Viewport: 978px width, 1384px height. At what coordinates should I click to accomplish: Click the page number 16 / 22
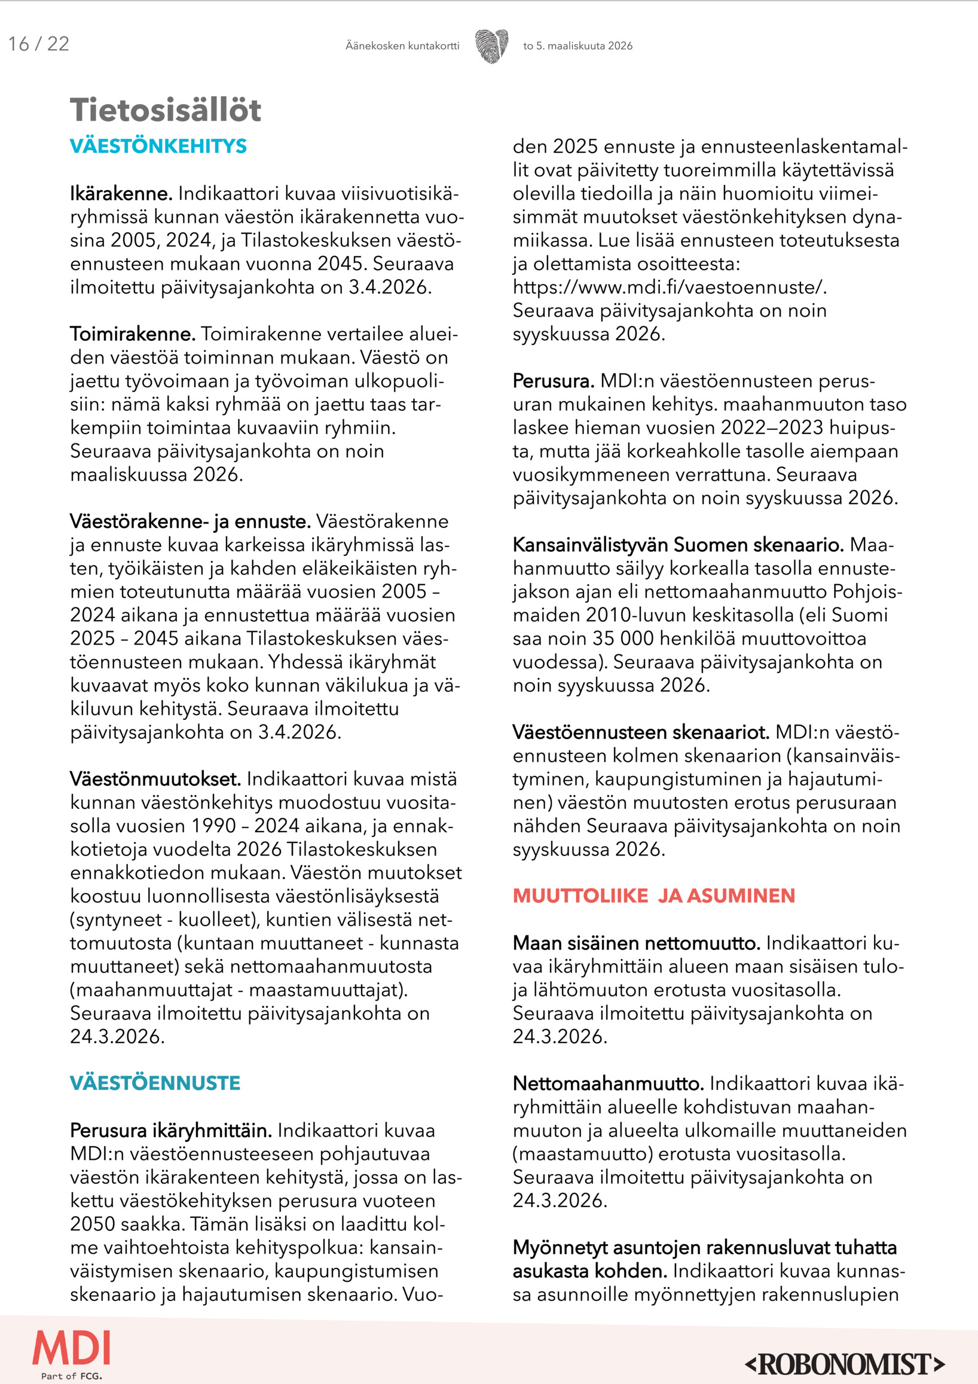click(39, 44)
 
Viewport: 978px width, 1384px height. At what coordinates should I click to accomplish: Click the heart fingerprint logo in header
click(491, 46)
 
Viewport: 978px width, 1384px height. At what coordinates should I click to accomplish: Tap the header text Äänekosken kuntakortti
click(402, 46)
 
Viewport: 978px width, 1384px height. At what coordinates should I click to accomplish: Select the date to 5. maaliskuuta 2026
click(577, 46)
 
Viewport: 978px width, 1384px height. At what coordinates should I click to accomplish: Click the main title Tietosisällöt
click(166, 110)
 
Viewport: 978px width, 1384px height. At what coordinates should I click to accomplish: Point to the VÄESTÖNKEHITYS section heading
click(158, 146)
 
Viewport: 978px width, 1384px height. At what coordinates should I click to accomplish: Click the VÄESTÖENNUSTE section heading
click(155, 1083)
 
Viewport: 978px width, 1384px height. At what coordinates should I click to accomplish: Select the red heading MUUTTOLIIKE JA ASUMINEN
click(653, 896)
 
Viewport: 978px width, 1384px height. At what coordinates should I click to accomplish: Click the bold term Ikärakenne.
click(121, 194)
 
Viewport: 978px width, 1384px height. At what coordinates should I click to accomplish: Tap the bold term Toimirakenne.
click(133, 334)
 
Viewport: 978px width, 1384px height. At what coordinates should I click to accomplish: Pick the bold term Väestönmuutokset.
click(155, 779)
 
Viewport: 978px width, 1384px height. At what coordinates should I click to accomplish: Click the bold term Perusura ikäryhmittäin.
click(170, 1131)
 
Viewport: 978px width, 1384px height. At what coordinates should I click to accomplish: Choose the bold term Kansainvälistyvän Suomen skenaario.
click(678, 545)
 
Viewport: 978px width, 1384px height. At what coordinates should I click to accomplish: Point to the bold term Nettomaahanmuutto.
click(608, 1083)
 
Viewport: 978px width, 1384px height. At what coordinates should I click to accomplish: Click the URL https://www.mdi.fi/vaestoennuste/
click(670, 288)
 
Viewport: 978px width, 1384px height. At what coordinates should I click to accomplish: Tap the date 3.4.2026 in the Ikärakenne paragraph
click(389, 288)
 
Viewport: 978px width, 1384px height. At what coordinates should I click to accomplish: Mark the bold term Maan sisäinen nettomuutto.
click(636, 943)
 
